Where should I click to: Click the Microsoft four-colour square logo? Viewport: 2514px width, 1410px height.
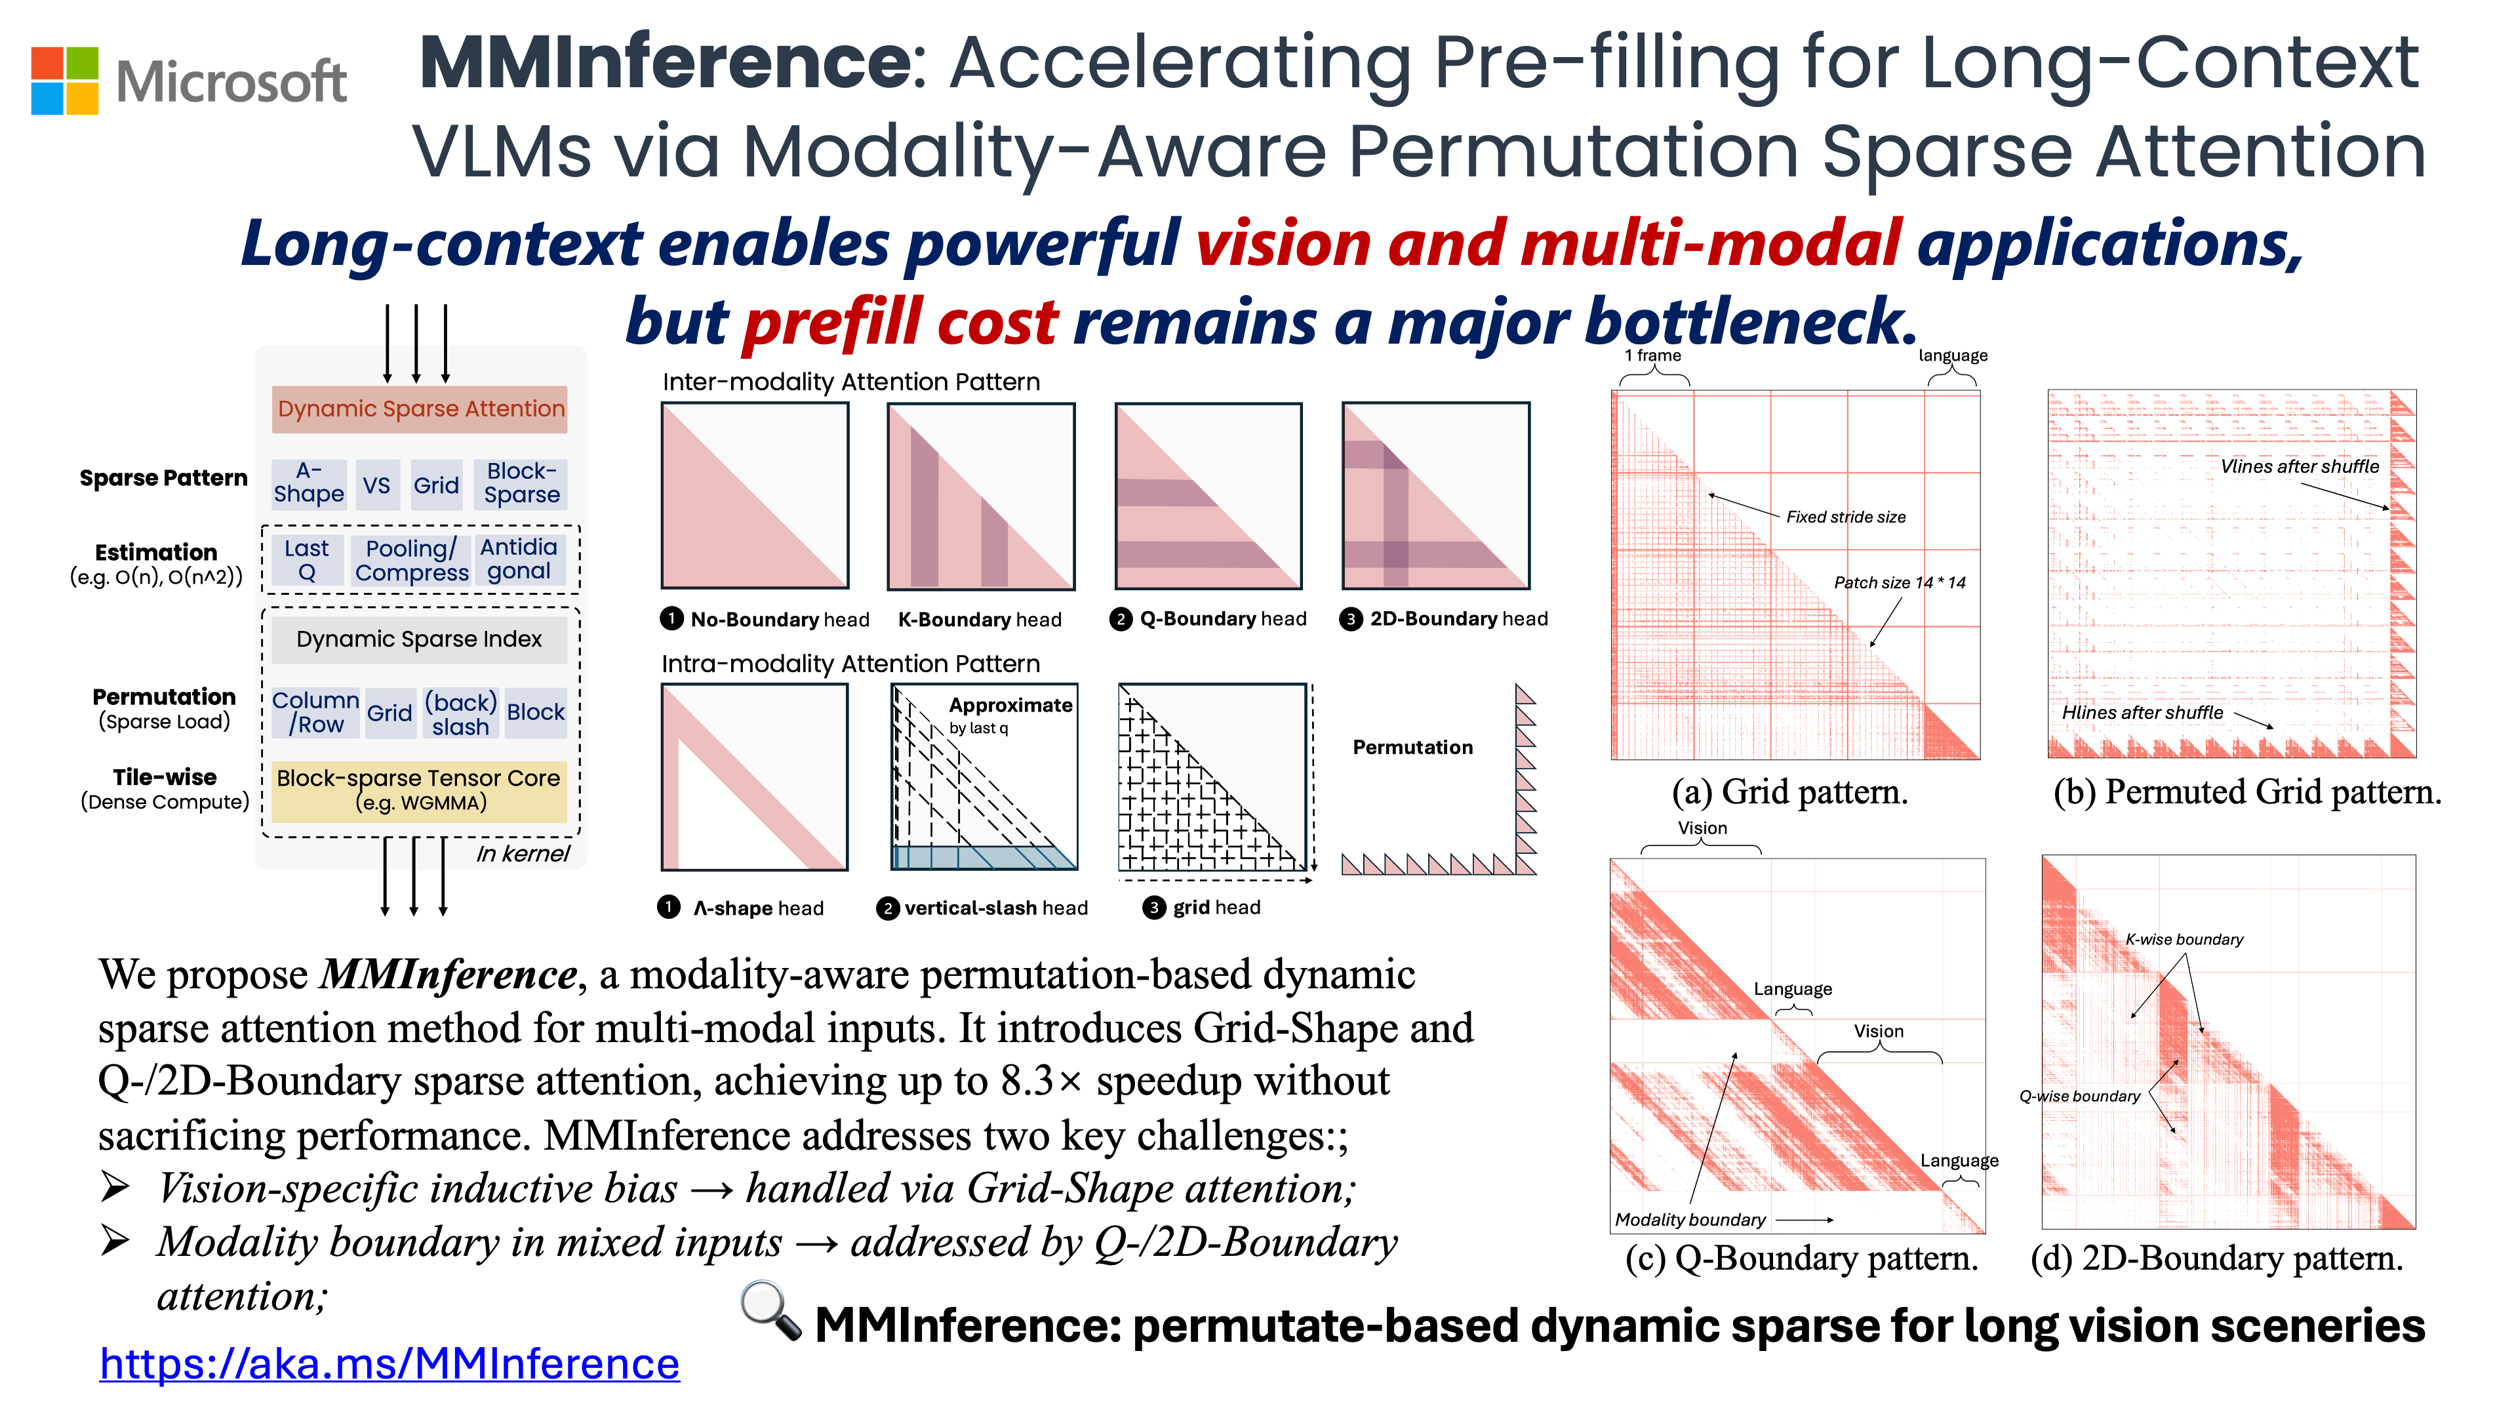coord(64,80)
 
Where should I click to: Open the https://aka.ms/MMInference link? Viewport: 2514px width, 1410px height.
coord(389,1363)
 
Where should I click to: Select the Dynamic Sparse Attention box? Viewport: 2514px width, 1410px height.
coord(420,409)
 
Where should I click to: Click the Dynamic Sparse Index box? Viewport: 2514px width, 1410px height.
coord(419,639)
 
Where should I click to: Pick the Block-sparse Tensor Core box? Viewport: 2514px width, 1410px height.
coord(419,790)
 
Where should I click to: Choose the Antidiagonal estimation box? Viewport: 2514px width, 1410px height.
coord(519,559)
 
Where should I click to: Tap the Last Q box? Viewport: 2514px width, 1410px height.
coord(306,560)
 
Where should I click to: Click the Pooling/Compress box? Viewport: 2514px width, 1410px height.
coord(411,560)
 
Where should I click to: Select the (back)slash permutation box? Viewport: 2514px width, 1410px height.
coord(461,714)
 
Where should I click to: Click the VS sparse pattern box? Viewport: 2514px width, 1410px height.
coord(377,485)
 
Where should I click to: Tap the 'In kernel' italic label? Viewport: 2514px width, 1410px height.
coord(522,854)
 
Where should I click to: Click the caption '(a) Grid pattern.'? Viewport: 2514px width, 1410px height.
coord(1790,792)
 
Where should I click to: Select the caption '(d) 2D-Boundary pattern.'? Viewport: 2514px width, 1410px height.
coord(2216,1258)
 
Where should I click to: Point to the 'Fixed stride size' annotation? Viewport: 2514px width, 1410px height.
coord(1845,517)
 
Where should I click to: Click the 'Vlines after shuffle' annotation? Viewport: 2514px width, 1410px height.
coord(2300,466)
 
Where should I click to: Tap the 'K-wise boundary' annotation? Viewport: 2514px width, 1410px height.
coord(2184,938)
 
